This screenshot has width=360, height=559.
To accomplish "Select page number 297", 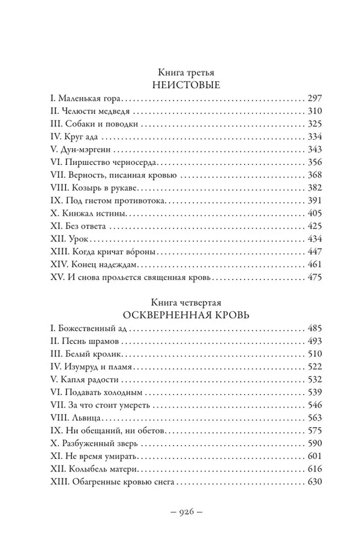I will click(314, 98).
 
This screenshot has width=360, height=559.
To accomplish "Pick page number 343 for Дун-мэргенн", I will click(314, 150).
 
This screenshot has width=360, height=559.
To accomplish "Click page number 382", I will click(314, 189).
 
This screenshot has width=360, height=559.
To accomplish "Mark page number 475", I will click(314, 278).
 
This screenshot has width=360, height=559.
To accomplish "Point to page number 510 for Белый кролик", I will click(314, 354).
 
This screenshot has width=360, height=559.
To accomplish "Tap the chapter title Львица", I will click(82, 419).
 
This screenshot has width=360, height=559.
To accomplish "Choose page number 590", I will click(314, 444).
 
